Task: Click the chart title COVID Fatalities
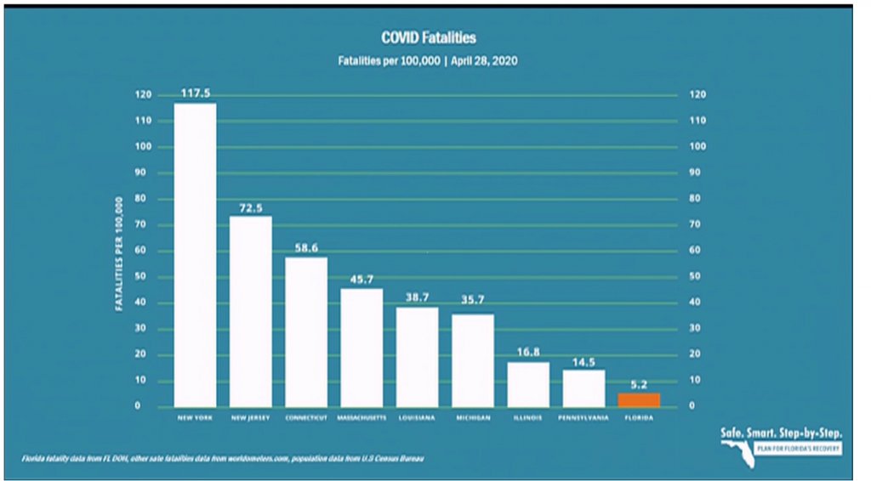click(x=428, y=37)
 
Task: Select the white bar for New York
click(x=195, y=254)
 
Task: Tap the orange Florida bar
click(x=639, y=399)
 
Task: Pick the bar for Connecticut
click(x=306, y=331)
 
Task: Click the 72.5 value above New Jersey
click(x=251, y=207)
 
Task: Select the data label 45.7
click(x=361, y=280)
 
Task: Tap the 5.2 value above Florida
click(x=639, y=384)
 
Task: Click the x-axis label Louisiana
click(x=417, y=418)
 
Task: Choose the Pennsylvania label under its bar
click(x=584, y=418)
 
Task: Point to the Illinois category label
click(x=527, y=418)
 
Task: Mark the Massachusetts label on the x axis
click(x=361, y=418)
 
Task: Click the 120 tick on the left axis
click(x=143, y=95)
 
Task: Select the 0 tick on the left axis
click(x=148, y=406)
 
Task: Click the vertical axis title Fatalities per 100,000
click(x=120, y=253)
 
